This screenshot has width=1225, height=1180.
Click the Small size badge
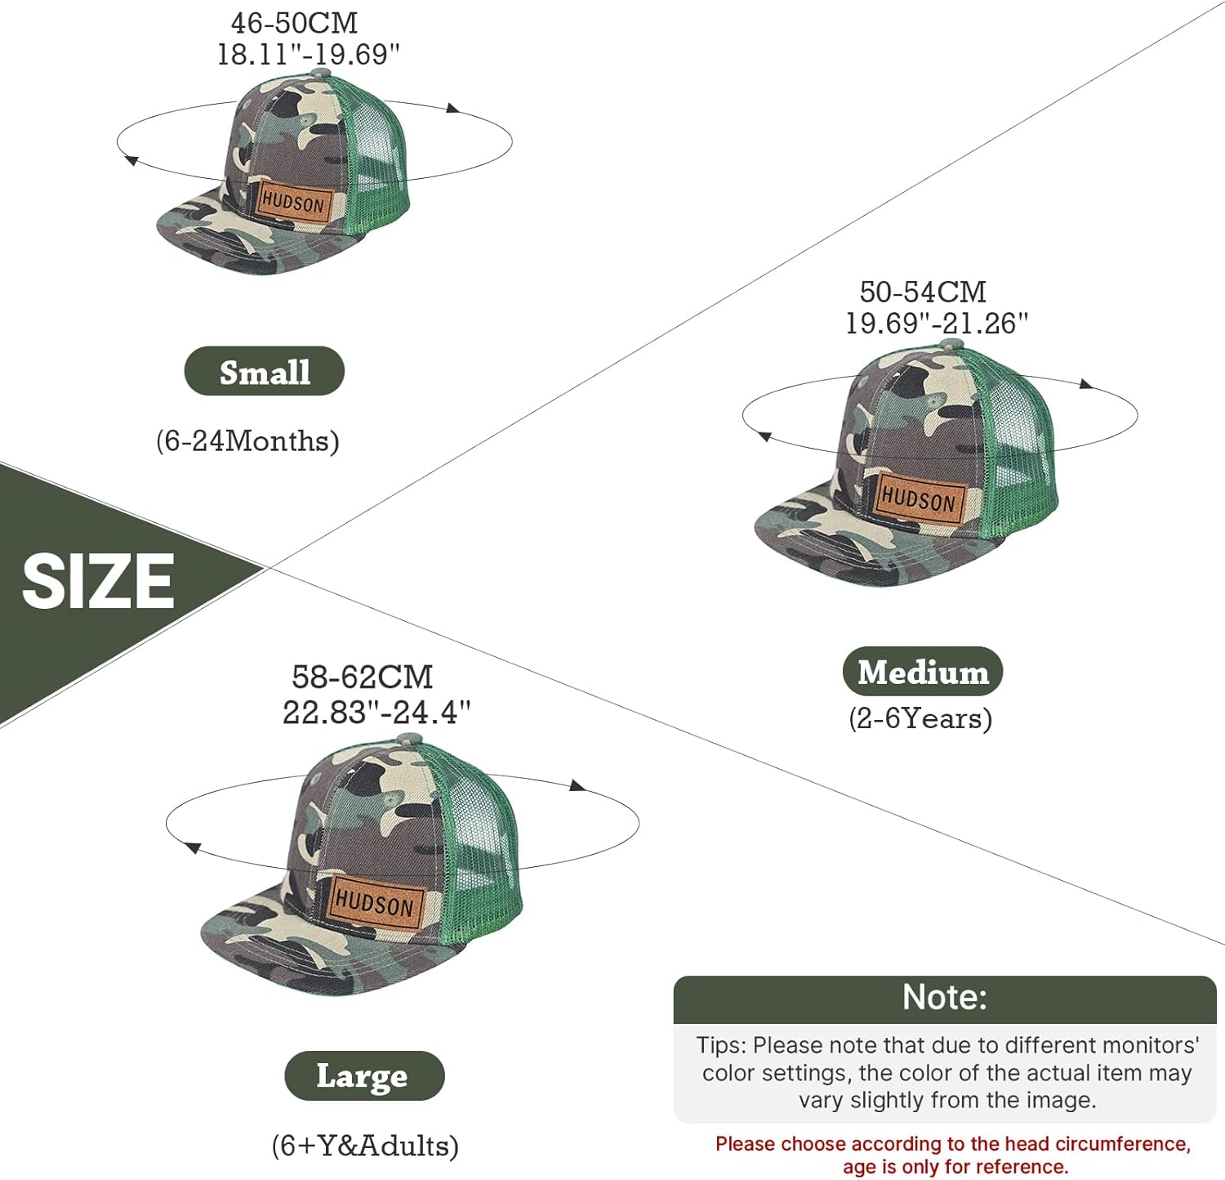(264, 372)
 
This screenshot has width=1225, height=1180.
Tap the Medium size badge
(922, 672)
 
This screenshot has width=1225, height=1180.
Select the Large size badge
(363, 1075)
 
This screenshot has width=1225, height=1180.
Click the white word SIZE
(98, 581)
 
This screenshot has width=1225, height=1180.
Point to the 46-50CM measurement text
(294, 23)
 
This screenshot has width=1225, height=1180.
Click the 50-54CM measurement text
(923, 292)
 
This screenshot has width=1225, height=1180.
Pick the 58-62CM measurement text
(362, 677)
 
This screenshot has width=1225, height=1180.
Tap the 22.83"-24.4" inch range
(376, 712)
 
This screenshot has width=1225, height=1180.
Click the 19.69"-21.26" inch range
(936, 324)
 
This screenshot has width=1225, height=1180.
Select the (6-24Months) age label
(247, 441)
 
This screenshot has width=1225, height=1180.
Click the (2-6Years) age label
(920, 718)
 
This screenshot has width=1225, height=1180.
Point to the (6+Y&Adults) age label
(364, 1146)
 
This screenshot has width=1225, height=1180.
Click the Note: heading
(944, 998)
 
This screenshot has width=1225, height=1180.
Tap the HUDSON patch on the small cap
(294, 201)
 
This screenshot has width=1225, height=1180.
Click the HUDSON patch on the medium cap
(919, 498)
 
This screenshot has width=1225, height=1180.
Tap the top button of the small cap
(321, 74)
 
